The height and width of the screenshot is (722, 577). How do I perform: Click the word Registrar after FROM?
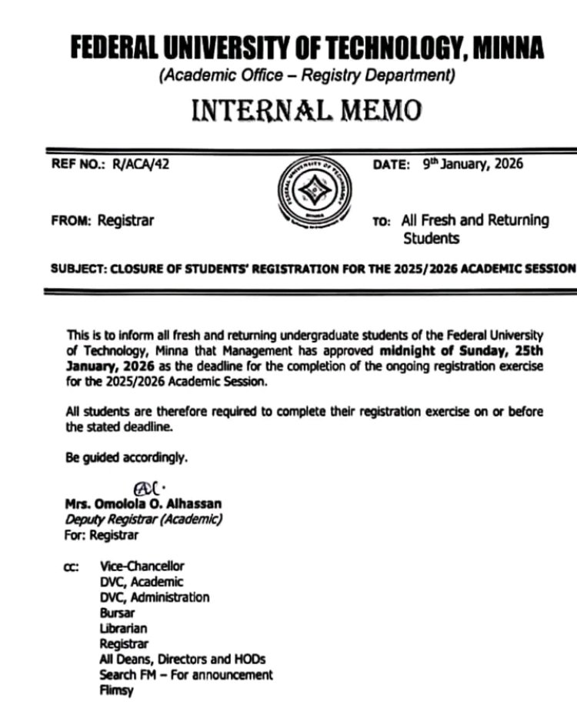click(x=125, y=220)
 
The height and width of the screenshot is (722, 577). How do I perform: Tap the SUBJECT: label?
click(x=78, y=269)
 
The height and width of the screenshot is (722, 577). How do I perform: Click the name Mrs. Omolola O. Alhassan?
click(x=143, y=503)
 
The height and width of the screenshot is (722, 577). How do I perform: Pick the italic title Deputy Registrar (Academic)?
click(x=143, y=519)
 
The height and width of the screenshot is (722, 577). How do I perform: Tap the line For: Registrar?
click(x=102, y=534)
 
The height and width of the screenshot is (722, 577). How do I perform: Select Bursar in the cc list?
click(x=117, y=613)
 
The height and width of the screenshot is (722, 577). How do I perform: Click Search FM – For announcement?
click(x=185, y=674)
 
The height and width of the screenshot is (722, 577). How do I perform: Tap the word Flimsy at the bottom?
click(x=116, y=690)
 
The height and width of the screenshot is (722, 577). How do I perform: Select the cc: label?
click(x=73, y=567)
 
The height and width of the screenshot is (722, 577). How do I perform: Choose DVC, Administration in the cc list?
click(x=154, y=597)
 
